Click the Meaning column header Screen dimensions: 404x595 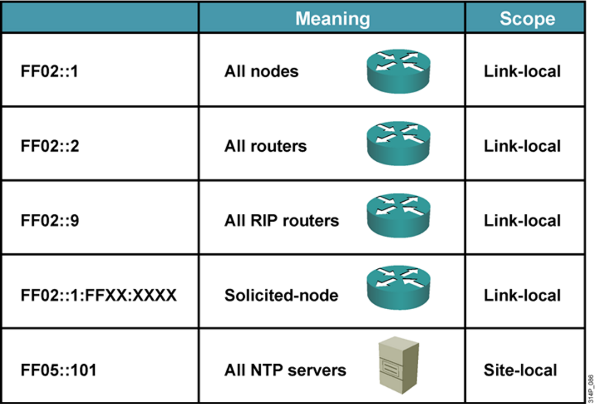coord(332,18)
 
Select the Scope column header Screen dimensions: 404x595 coord(527,18)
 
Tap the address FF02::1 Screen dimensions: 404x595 coord(50,71)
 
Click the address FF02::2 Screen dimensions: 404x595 coord(50,146)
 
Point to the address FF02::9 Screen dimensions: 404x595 coord(50,221)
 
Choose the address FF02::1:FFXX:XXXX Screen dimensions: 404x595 coord(99,295)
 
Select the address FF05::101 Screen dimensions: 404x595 coord(59,370)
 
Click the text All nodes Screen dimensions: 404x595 coord(261,71)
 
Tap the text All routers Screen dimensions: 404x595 coord(265,146)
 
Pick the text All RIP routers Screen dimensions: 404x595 coord(281,221)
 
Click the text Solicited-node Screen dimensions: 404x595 coord(281,295)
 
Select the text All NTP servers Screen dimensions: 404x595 coord(285,370)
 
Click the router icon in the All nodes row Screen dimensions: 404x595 coord(398,69)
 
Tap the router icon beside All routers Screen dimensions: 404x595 coord(398,144)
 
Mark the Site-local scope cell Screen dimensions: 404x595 coord(521,370)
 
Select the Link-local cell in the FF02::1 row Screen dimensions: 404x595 coord(522,71)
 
